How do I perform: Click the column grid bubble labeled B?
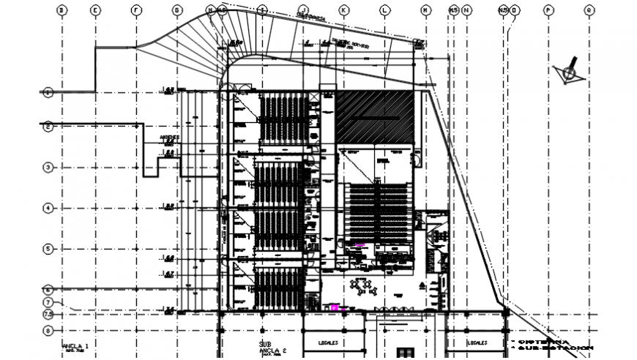point(62,10)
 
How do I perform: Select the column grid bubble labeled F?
point(135,10)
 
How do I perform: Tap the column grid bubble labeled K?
point(343,10)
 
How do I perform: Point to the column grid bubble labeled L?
point(384,10)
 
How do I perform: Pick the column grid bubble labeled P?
point(547,10)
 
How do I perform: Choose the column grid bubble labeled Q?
point(588,10)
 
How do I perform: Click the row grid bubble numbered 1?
point(48,92)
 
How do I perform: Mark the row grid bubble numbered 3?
point(48,168)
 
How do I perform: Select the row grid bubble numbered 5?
point(48,249)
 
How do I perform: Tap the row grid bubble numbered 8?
point(48,329)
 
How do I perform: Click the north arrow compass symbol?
point(567,72)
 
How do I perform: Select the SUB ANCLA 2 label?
point(269,346)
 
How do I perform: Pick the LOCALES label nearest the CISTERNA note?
point(477,341)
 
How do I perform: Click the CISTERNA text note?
point(541,341)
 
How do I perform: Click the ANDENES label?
point(169,137)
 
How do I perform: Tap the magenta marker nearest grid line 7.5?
point(335,308)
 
